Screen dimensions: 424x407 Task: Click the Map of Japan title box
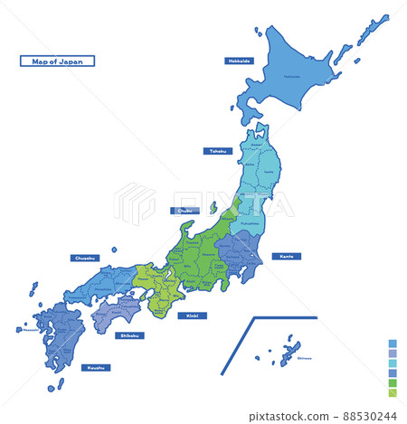(x=57, y=61)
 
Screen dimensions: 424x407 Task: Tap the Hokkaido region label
(x=239, y=61)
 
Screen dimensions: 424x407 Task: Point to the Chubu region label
(x=185, y=211)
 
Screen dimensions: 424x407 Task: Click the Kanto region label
(x=286, y=256)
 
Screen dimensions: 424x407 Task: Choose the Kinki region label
(x=193, y=315)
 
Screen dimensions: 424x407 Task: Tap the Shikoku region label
(x=129, y=334)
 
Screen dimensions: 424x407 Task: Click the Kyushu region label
(x=95, y=368)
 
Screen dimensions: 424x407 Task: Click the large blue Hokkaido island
(x=289, y=77)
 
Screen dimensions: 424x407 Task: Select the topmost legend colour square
(x=393, y=344)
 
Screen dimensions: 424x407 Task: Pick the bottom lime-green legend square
(x=393, y=392)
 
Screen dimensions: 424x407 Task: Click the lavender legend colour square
(x=393, y=353)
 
